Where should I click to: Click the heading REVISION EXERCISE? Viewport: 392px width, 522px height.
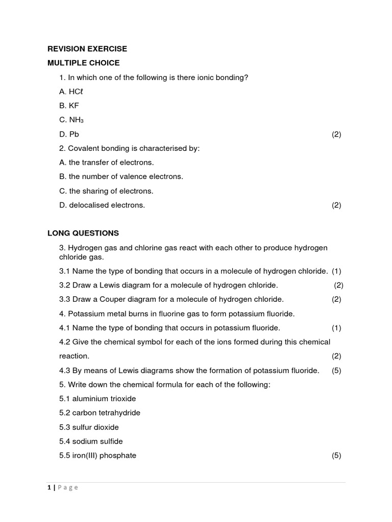(x=87, y=49)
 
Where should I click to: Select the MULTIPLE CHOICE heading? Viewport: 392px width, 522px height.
(x=84, y=63)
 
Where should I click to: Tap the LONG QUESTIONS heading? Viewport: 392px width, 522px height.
(x=83, y=233)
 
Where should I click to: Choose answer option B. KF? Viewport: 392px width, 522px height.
(x=69, y=106)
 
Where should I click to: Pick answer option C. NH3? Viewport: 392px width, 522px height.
(x=71, y=120)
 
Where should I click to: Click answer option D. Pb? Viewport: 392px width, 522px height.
(x=69, y=134)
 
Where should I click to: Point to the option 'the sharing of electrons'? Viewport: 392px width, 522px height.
(x=106, y=191)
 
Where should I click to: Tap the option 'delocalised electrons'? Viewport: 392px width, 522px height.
(x=102, y=205)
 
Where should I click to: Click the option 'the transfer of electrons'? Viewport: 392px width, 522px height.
(x=106, y=163)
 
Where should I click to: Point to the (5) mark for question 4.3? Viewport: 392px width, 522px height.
(x=336, y=371)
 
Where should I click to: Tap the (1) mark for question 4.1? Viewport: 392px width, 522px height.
(x=336, y=328)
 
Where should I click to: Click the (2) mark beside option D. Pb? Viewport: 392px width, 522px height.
(x=336, y=134)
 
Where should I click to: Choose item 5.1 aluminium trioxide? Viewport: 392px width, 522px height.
(x=97, y=399)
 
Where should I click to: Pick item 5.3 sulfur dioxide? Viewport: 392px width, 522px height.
(x=89, y=427)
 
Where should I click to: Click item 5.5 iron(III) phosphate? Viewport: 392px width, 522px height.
(x=97, y=455)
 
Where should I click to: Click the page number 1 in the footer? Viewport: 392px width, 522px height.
(x=50, y=487)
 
